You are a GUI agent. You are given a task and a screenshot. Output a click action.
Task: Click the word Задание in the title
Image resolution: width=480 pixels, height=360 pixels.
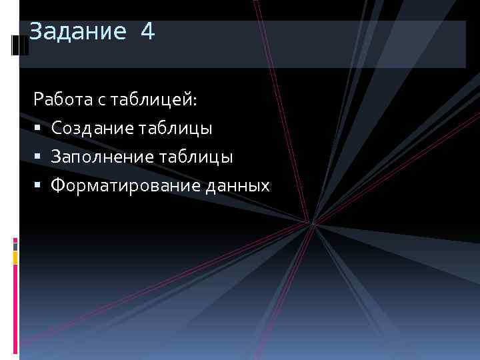[x=77, y=31]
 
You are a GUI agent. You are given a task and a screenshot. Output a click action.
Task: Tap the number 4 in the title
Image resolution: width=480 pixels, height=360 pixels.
[x=147, y=31]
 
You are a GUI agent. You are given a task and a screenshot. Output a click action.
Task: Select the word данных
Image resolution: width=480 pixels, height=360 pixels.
[x=238, y=185]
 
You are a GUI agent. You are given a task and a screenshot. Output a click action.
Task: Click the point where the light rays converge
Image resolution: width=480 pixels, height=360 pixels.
[x=311, y=223]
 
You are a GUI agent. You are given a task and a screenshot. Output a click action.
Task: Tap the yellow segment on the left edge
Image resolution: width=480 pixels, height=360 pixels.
[x=15, y=257]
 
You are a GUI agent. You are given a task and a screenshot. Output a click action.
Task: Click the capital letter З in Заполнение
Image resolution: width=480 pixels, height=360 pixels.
[x=55, y=157]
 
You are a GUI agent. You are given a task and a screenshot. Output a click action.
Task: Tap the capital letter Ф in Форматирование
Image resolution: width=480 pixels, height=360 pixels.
[x=57, y=185]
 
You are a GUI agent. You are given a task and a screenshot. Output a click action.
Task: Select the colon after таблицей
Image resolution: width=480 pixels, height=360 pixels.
[x=195, y=101]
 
